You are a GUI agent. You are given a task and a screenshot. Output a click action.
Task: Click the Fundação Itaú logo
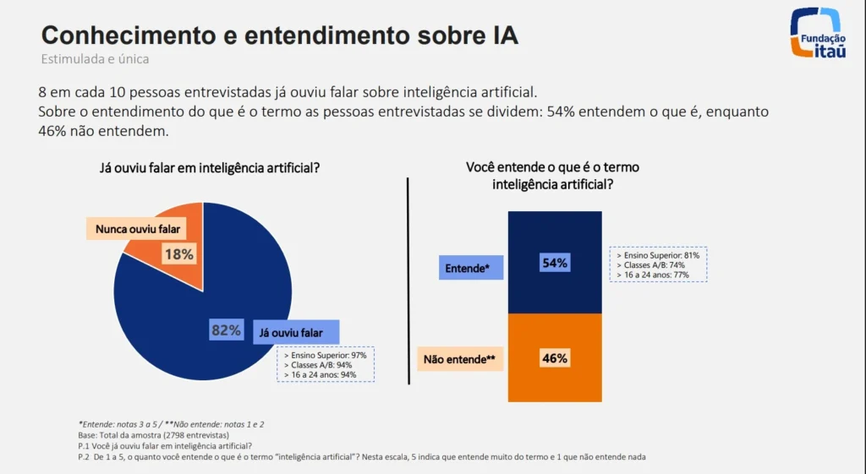pyautogui.click(x=815, y=33)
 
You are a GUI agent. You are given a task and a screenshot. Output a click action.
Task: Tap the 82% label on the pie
pyautogui.click(x=226, y=330)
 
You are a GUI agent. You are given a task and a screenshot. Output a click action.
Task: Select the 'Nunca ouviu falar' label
pyautogui.click(x=138, y=228)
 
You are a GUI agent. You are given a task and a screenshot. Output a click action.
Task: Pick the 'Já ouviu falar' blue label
pyautogui.click(x=296, y=332)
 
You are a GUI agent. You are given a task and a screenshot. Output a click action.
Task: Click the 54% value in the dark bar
pyautogui.click(x=554, y=263)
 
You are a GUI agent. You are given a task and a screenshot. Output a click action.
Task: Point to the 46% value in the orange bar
pyautogui.click(x=554, y=358)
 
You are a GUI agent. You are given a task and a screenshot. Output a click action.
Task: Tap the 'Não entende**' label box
pyautogui.click(x=459, y=360)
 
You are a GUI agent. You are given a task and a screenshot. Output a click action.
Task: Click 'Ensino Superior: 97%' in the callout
pyautogui.click(x=326, y=357)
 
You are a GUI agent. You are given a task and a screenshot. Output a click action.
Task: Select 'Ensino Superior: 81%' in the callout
pyautogui.click(x=659, y=254)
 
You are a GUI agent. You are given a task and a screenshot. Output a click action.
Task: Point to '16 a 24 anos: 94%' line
pyautogui.click(x=322, y=374)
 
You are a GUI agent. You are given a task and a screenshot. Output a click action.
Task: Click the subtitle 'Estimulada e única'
pyautogui.click(x=95, y=59)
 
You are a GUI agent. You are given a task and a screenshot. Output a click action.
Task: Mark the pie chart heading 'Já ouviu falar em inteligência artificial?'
pyautogui.click(x=210, y=167)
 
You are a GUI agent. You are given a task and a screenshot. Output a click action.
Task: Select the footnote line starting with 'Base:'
pyautogui.click(x=157, y=434)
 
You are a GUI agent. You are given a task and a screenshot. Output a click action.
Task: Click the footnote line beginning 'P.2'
pyautogui.click(x=361, y=457)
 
